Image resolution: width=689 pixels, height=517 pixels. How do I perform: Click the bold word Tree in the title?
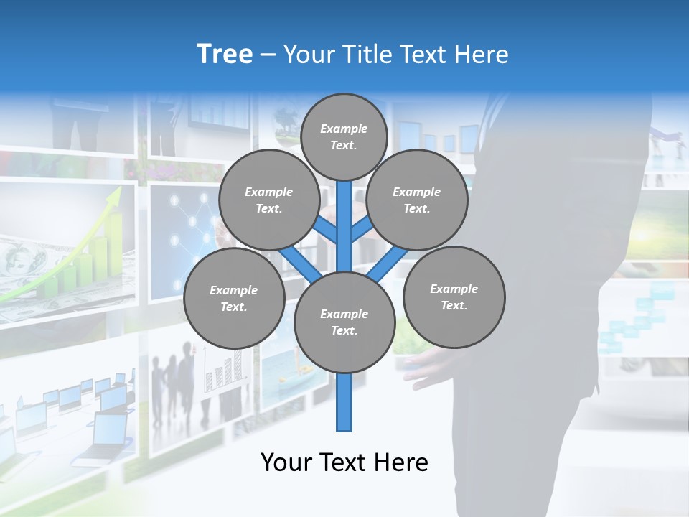[x=225, y=55]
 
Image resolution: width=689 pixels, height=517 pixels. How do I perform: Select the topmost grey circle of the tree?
[x=344, y=136]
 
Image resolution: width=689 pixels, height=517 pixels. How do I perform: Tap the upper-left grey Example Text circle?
[x=269, y=200]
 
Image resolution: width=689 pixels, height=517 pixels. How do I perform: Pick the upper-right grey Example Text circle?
[x=417, y=200]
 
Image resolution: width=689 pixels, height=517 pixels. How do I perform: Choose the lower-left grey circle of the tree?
[x=234, y=298]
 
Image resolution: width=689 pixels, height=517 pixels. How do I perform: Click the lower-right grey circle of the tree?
[x=454, y=297]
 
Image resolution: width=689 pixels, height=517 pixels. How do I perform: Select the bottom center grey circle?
[x=344, y=322]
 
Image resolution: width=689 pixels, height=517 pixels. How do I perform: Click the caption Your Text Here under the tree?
[x=344, y=462]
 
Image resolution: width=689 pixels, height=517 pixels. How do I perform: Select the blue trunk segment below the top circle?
[x=344, y=215]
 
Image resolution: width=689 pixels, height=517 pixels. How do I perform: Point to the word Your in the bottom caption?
[x=286, y=462]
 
